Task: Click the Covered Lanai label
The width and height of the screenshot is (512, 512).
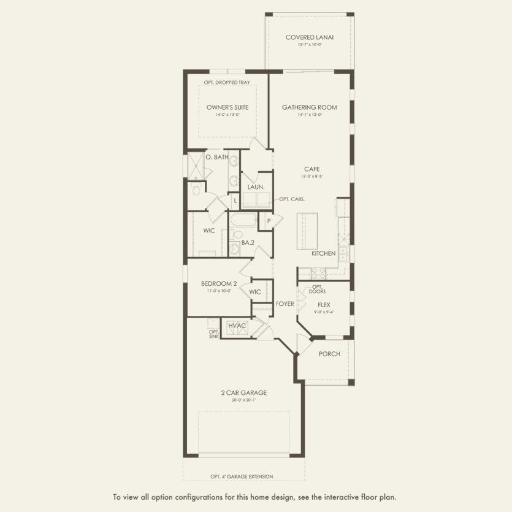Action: [x=309, y=37]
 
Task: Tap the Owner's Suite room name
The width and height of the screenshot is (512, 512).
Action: [x=227, y=107]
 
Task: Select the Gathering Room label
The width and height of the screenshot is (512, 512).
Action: [x=309, y=107]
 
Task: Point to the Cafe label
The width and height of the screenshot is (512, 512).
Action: [x=312, y=169]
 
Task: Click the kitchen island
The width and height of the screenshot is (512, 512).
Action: [x=307, y=231]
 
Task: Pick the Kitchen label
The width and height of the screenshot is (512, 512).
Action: [x=323, y=253]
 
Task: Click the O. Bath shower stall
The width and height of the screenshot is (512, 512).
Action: [x=196, y=164]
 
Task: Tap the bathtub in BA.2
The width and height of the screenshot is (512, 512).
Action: [x=243, y=219]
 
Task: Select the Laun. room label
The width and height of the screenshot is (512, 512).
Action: [x=256, y=186]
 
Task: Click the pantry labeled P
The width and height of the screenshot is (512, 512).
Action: [x=268, y=221]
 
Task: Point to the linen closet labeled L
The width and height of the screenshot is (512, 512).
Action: [x=235, y=200]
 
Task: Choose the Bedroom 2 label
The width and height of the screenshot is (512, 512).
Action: [x=219, y=283]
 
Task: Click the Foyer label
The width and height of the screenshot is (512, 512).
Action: [x=285, y=304]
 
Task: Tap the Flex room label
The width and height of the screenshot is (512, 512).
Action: [x=324, y=304]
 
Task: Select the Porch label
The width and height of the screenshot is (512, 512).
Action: [x=329, y=354]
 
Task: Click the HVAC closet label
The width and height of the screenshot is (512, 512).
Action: [x=237, y=325]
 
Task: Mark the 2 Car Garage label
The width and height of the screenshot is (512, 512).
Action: [x=244, y=392]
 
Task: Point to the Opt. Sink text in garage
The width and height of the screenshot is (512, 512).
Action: [x=213, y=334]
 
